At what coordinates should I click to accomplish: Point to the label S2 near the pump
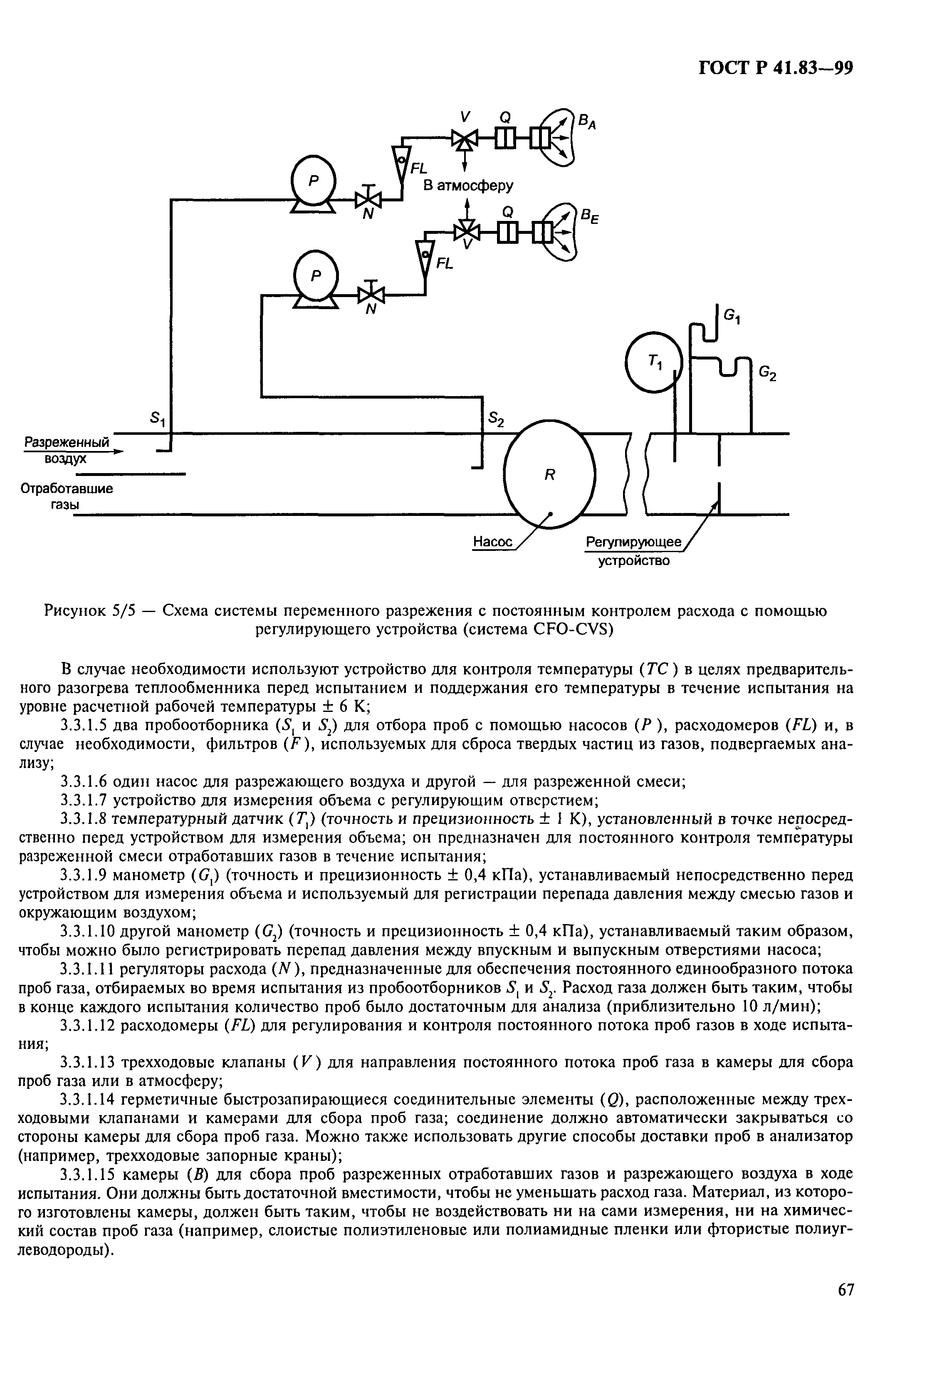(x=497, y=420)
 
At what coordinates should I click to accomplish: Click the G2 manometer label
(x=766, y=374)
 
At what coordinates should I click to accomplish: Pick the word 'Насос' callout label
(x=492, y=542)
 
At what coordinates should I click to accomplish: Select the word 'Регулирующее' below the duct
(x=633, y=542)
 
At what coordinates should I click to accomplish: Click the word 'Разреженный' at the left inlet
(x=66, y=443)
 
